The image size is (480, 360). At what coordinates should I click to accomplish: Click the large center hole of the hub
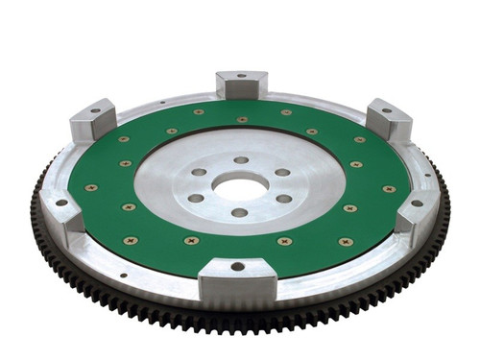240,186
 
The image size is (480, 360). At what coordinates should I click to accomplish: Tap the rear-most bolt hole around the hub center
241,160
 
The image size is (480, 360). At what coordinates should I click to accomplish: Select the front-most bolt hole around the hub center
239,213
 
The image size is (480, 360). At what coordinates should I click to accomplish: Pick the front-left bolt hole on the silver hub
196,199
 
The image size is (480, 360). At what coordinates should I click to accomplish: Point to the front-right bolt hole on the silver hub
284,199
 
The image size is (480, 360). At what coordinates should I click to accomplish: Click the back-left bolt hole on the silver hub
199,173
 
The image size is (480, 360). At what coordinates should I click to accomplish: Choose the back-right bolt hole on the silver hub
282,173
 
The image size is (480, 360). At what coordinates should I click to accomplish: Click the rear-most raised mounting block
241,84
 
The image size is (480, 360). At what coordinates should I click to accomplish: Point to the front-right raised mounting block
418,213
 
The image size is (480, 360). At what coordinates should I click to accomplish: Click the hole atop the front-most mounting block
237,266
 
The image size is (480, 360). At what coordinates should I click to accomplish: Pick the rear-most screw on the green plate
241,120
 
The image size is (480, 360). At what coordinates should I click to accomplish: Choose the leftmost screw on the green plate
91,187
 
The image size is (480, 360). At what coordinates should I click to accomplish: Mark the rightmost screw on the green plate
389,188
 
